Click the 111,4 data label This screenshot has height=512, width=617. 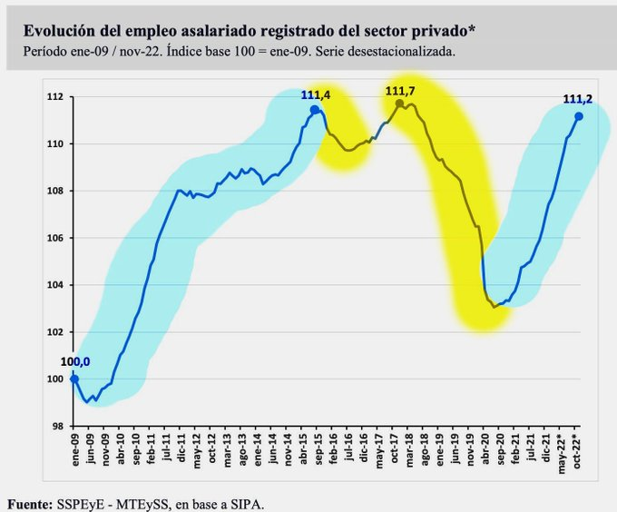(x=317, y=96)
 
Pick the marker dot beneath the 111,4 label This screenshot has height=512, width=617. (x=315, y=110)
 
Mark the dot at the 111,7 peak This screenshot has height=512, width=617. (x=399, y=103)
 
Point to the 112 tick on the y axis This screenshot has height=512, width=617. (x=56, y=97)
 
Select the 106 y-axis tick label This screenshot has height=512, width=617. (x=56, y=238)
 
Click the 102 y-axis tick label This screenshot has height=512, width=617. (x=56, y=332)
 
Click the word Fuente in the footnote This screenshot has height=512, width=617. (x=29, y=502)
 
